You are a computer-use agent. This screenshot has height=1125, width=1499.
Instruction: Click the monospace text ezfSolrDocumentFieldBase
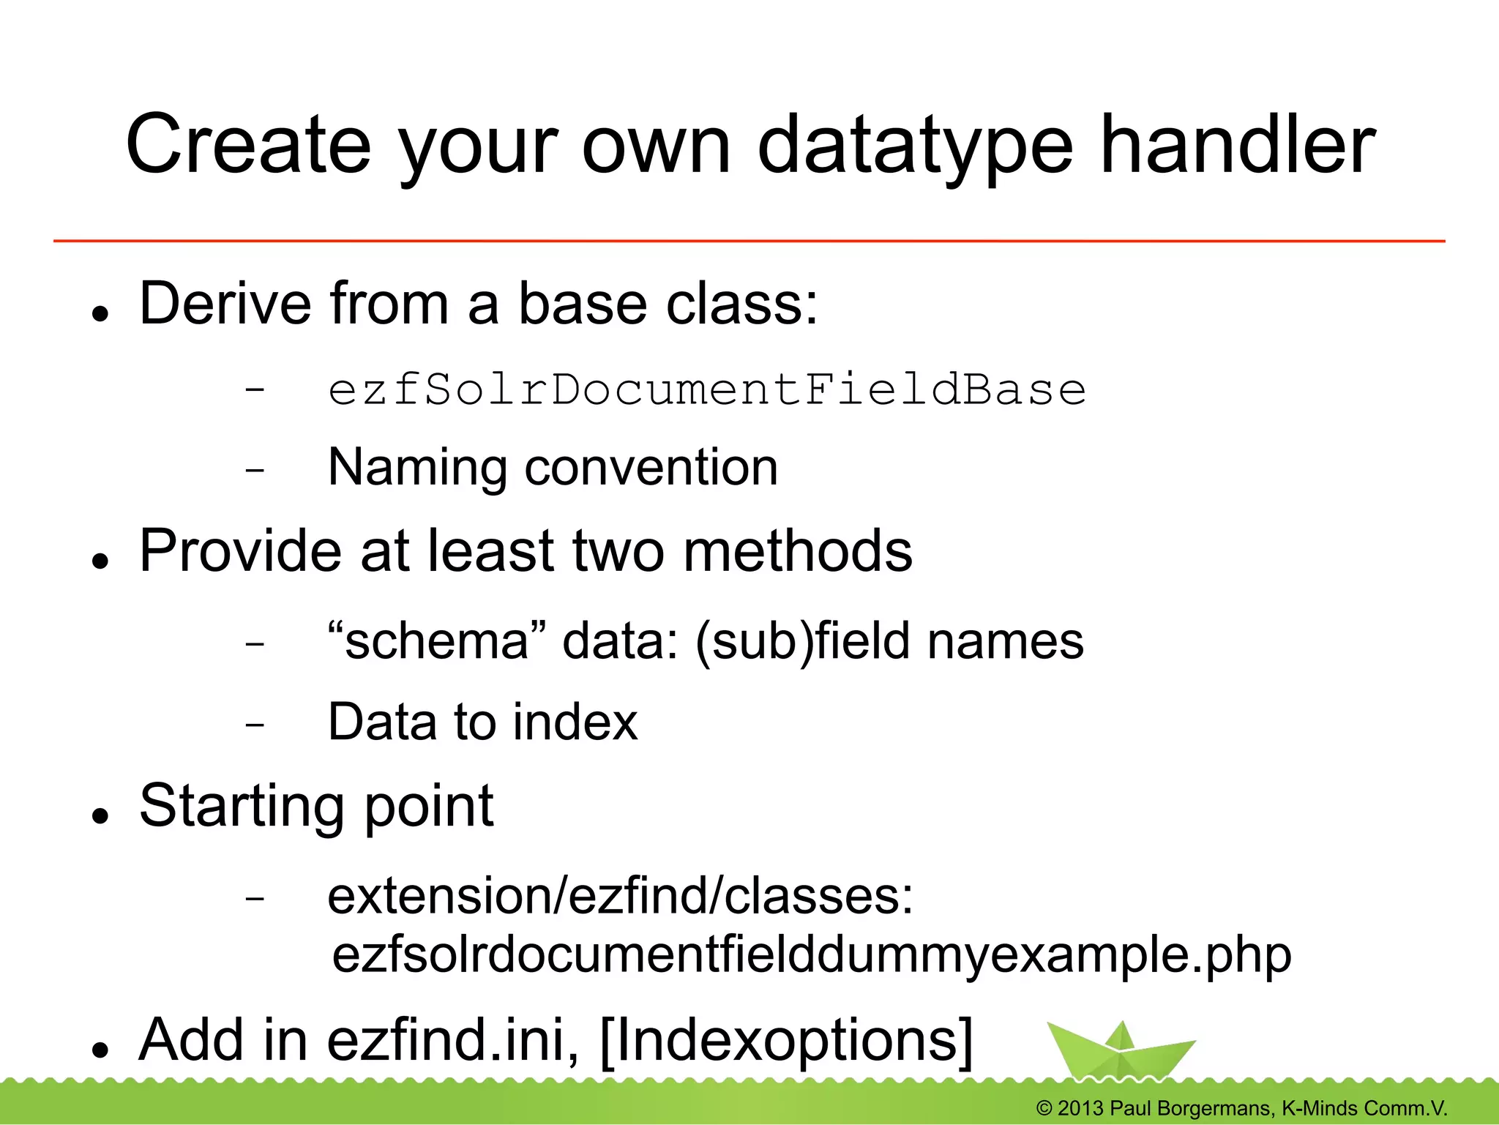coord(706,389)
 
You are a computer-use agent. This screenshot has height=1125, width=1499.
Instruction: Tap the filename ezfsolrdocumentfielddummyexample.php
coord(811,954)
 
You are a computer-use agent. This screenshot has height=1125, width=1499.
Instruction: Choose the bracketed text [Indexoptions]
coord(786,1041)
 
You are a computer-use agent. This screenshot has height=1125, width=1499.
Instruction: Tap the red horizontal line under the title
coord(749,240)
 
